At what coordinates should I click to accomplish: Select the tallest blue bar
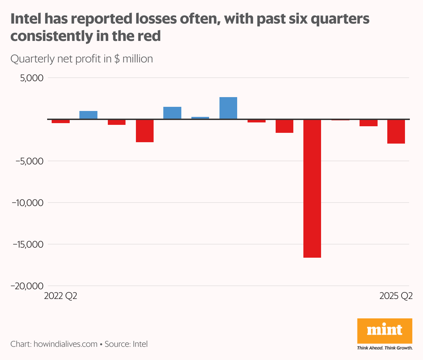click(228, 108)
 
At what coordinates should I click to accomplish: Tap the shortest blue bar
click(200, 118)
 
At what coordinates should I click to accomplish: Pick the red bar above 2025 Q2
click(396, 131)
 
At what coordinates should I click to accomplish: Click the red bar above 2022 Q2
click(61, 121)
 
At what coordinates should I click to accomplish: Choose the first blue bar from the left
click(88, 115)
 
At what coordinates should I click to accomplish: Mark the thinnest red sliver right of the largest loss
click(340, 120)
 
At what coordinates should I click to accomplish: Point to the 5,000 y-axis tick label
click(32, 78)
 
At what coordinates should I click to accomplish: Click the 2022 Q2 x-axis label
click(61, 296)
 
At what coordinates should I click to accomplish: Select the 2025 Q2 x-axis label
click(396, 296)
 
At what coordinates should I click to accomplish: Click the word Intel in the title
click(25, 19)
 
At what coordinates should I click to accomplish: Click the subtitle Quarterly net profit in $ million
click(81, 59)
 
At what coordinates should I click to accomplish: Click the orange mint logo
click(385, 330)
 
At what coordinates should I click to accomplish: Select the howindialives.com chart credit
click(66, 344)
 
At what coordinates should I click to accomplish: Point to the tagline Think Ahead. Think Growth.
click(385, 348)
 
